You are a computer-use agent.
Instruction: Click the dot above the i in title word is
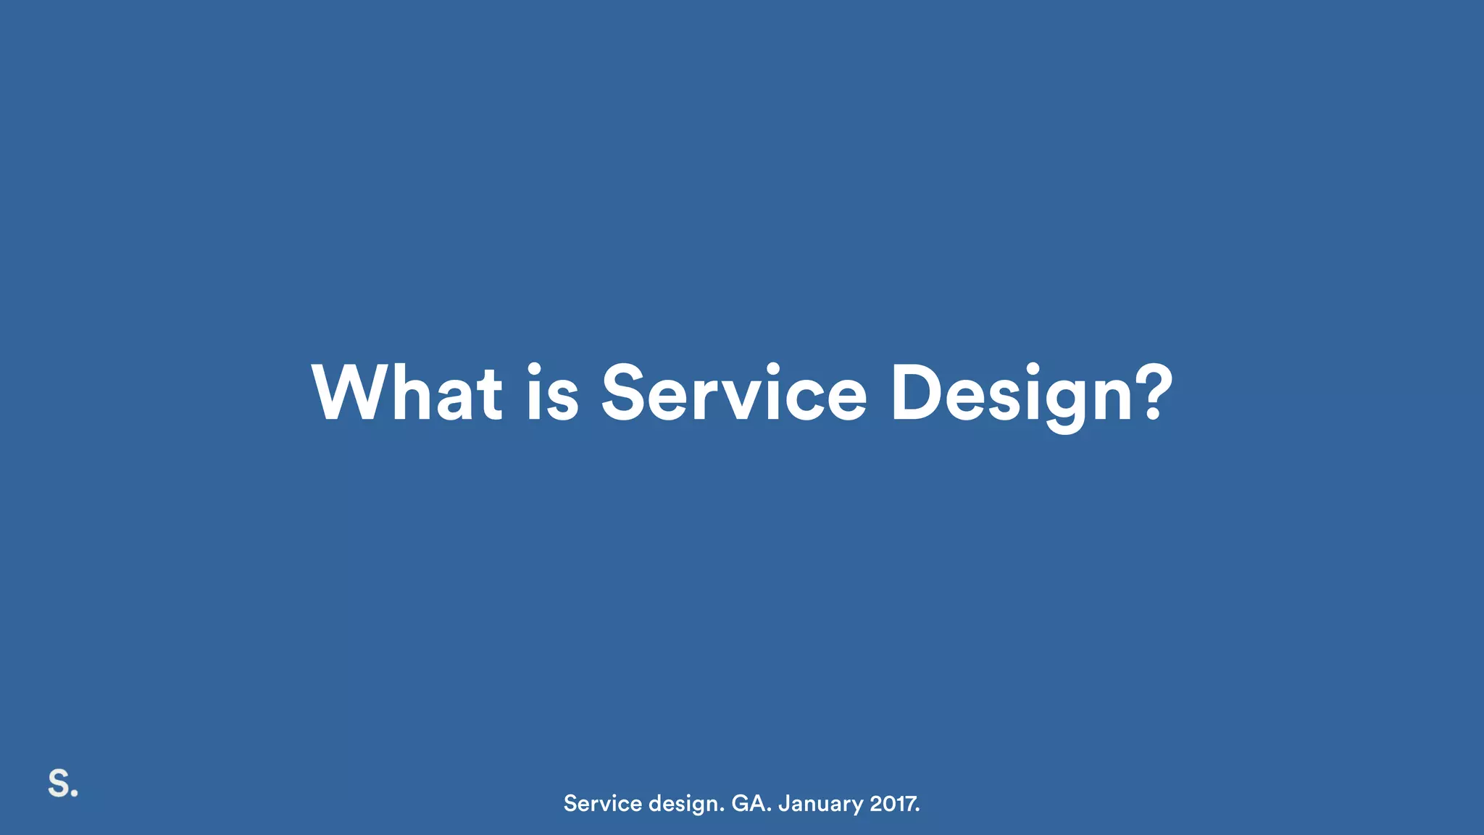coord(535,368)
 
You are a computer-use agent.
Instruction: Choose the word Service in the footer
coord(603,803)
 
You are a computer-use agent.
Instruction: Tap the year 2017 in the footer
coord(893,803)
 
